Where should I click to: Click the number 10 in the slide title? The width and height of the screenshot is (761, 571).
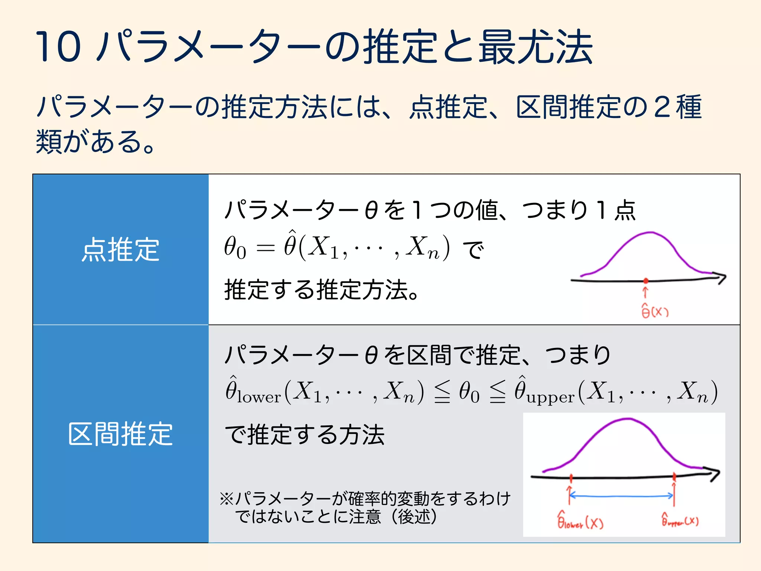pyautogui.click(x=58, y=46)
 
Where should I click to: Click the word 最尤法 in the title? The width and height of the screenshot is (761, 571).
pyautogui.click(x=535, y=46)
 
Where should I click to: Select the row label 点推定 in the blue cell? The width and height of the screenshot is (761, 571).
pyautogui.click(x=120, y=249)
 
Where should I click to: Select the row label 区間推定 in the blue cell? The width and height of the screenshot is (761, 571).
pyautogui.click(x=120, y=433)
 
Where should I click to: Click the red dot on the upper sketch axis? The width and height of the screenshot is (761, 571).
pyautogui.click(x=646, y=281)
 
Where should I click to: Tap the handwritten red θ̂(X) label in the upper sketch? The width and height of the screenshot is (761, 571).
pyautogui.click(x=655, y=311)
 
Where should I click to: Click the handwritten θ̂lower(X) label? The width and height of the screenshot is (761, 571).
pyautogui.click(x=580, y=521)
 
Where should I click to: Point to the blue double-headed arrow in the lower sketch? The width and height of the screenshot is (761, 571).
pyautogui.click(x=621, y=496)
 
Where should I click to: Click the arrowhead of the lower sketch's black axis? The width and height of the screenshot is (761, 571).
pyautogui.click(x=715, y=474)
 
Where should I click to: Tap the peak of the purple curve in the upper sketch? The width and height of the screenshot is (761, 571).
pyautogui.click(x=650, y=233)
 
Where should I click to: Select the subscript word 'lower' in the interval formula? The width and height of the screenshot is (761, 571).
pyautogui.click(x=259, y=397)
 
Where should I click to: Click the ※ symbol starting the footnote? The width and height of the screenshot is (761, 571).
pyautogui.click(x=226, y=499)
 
